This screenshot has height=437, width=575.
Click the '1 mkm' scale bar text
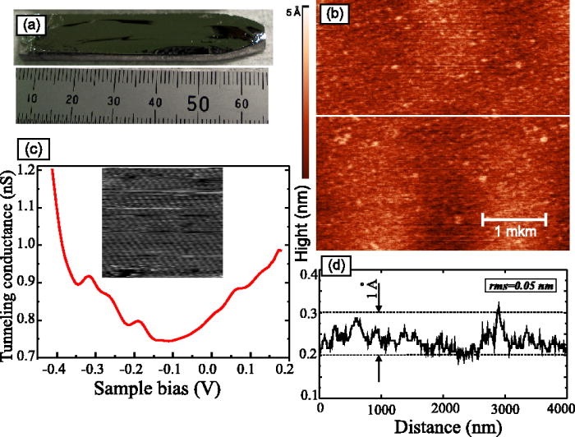click(x=513, y=233)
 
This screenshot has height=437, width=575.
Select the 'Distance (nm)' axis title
click(x=443, y=427)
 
